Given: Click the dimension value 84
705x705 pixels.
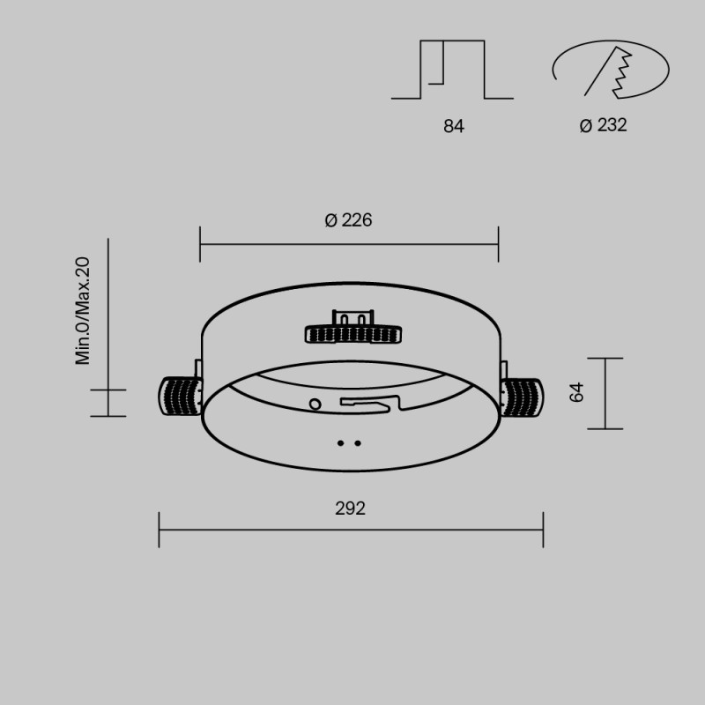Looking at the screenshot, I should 453,126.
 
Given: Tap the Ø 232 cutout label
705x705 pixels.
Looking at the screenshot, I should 604,126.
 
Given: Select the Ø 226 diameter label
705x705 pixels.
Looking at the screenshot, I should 348,220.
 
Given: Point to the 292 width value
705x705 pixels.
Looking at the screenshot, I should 350,508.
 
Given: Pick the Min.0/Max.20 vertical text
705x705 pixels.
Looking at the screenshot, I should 84,310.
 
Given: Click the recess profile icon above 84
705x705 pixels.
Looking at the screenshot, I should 453,70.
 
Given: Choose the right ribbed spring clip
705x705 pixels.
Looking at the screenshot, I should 522,397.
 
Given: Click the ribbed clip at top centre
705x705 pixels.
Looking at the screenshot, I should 353,333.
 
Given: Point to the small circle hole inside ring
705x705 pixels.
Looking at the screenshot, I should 315,403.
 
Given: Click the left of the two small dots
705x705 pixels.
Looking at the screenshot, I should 341,444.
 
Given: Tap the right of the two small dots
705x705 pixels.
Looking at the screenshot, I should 357,444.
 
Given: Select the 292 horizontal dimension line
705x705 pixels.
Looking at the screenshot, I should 350,530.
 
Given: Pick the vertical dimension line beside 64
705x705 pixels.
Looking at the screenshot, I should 605,393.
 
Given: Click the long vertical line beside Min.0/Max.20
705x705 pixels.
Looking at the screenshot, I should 108,326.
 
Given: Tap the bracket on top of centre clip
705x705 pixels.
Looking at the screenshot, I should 352,316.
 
